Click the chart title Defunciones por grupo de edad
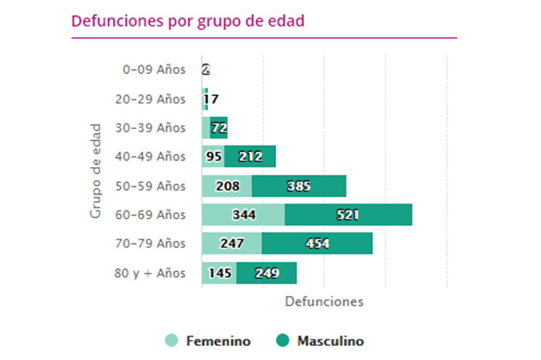point(188,21)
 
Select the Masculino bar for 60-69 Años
point(348,215)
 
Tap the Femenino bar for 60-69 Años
point(243,215)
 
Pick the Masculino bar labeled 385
point(298,186)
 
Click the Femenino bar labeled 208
point(226,186)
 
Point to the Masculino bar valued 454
point(317,243)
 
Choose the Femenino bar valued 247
point(231,243)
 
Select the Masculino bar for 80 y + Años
point(267,273)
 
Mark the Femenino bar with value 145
point(219,273)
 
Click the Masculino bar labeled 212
point(250,157)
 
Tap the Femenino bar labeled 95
point(213,157)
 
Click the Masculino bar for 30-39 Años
point(219,128)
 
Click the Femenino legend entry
point(208,341)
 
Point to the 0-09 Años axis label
point(155,70)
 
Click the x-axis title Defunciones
point(324,301)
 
